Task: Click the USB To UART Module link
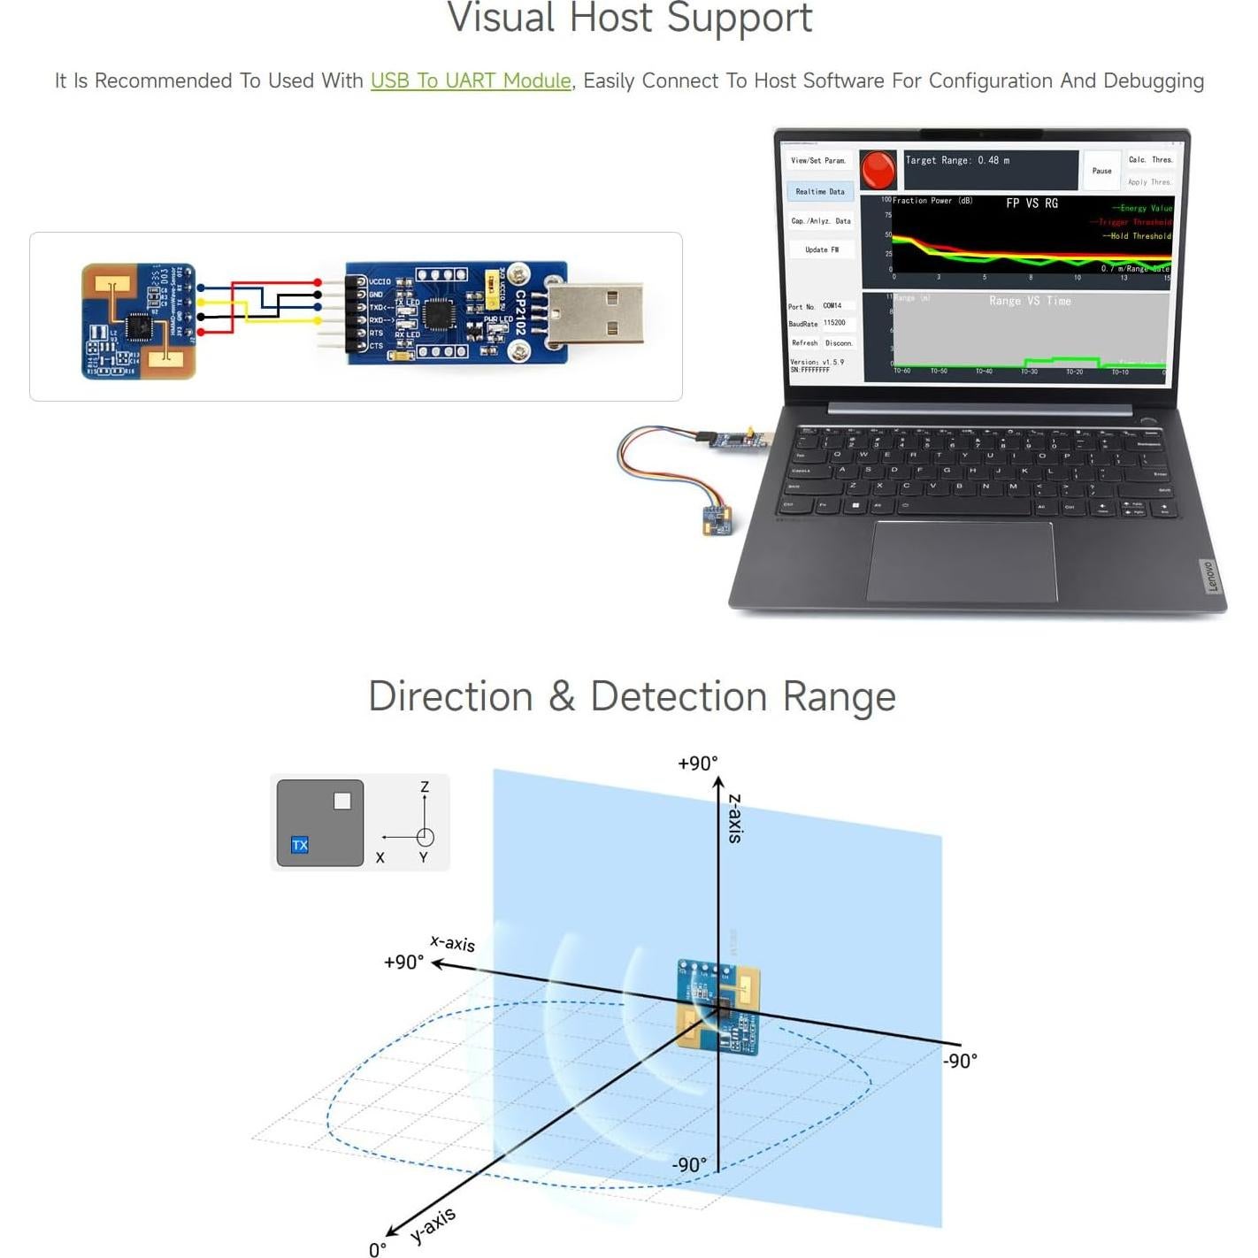click(471, 81)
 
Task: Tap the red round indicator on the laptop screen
click(878, 169)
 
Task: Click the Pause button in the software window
click(1101, 171)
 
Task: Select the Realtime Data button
click(820, 191)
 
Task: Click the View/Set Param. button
click(818, 161)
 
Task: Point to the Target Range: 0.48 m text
click(957, 160)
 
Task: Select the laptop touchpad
click(962, 561)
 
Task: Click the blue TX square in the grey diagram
click(300, 845)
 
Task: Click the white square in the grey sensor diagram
click(342, 801)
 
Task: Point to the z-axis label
click(735, 818)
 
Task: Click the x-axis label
click(453, 943)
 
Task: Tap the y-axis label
click(433, 1225)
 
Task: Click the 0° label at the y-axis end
click(378, 1249)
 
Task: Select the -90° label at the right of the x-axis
click(960, 1061)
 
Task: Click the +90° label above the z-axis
click(697, 763)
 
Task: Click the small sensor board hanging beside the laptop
click(717, 520)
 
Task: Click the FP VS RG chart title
click(1032, 203)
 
